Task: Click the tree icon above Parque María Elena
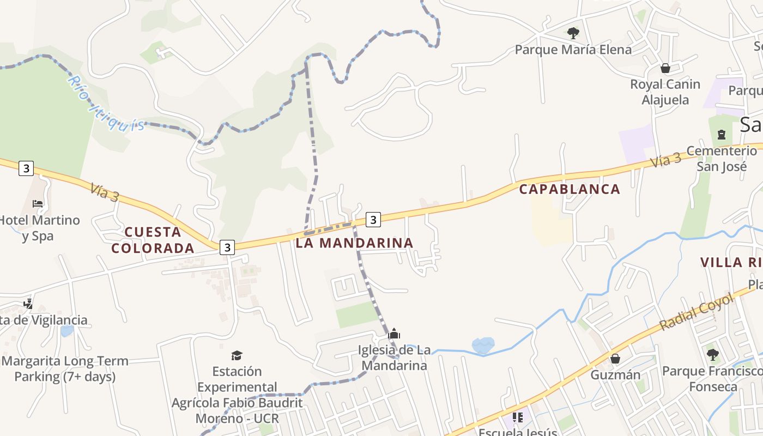coord(573,33)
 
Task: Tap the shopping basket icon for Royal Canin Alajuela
coord(665,68)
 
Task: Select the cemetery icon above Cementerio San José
coord(722,134)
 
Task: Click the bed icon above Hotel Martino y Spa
coord(38,204)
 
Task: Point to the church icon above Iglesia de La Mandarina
coord(394,334)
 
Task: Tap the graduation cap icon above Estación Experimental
coord(237,355)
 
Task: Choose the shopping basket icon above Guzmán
coord(615,359)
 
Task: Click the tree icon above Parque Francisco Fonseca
coord(712,355)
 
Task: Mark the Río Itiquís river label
coord(106,104)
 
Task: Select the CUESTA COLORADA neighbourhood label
coord(153,240)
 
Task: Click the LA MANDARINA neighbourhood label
coord(354,243)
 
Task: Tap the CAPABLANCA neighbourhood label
coord(570,189)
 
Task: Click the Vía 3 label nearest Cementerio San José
coord(665,160)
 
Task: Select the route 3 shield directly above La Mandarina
coord(373,220)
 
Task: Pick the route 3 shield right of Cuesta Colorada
coord(227,247)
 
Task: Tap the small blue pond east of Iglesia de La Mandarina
coord(483,345)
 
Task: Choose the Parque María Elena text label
coord(573,50)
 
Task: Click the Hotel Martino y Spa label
coord(39,228)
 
